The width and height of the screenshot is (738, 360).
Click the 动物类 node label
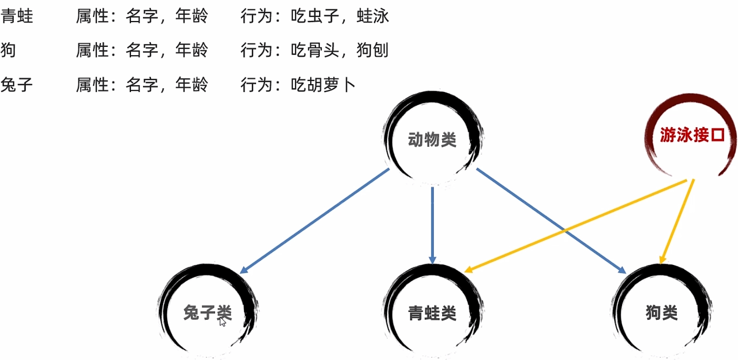tap(432, 139)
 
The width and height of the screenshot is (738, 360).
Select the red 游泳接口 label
tap(692, 135)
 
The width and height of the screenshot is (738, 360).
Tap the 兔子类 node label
tap(207, 312)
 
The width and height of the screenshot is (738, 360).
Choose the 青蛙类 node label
tap(432, 313)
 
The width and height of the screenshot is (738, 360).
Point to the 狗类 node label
tap(661, 312)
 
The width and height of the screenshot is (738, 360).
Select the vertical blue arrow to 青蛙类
tap(432, 224)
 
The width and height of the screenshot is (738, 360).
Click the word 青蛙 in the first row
tap(17, 16)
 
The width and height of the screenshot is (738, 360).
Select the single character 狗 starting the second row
tap(8, 50)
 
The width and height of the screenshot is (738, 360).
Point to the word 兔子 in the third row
tap(17, 85)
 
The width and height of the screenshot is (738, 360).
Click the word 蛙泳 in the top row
tap(373, 16)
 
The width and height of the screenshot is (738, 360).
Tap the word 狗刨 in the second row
tap(373, 50)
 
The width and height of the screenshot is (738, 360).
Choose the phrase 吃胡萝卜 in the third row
tap(323, 85)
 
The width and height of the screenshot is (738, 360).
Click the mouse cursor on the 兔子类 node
tap(222, 322)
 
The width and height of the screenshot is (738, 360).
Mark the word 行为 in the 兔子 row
tap(256, 85)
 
